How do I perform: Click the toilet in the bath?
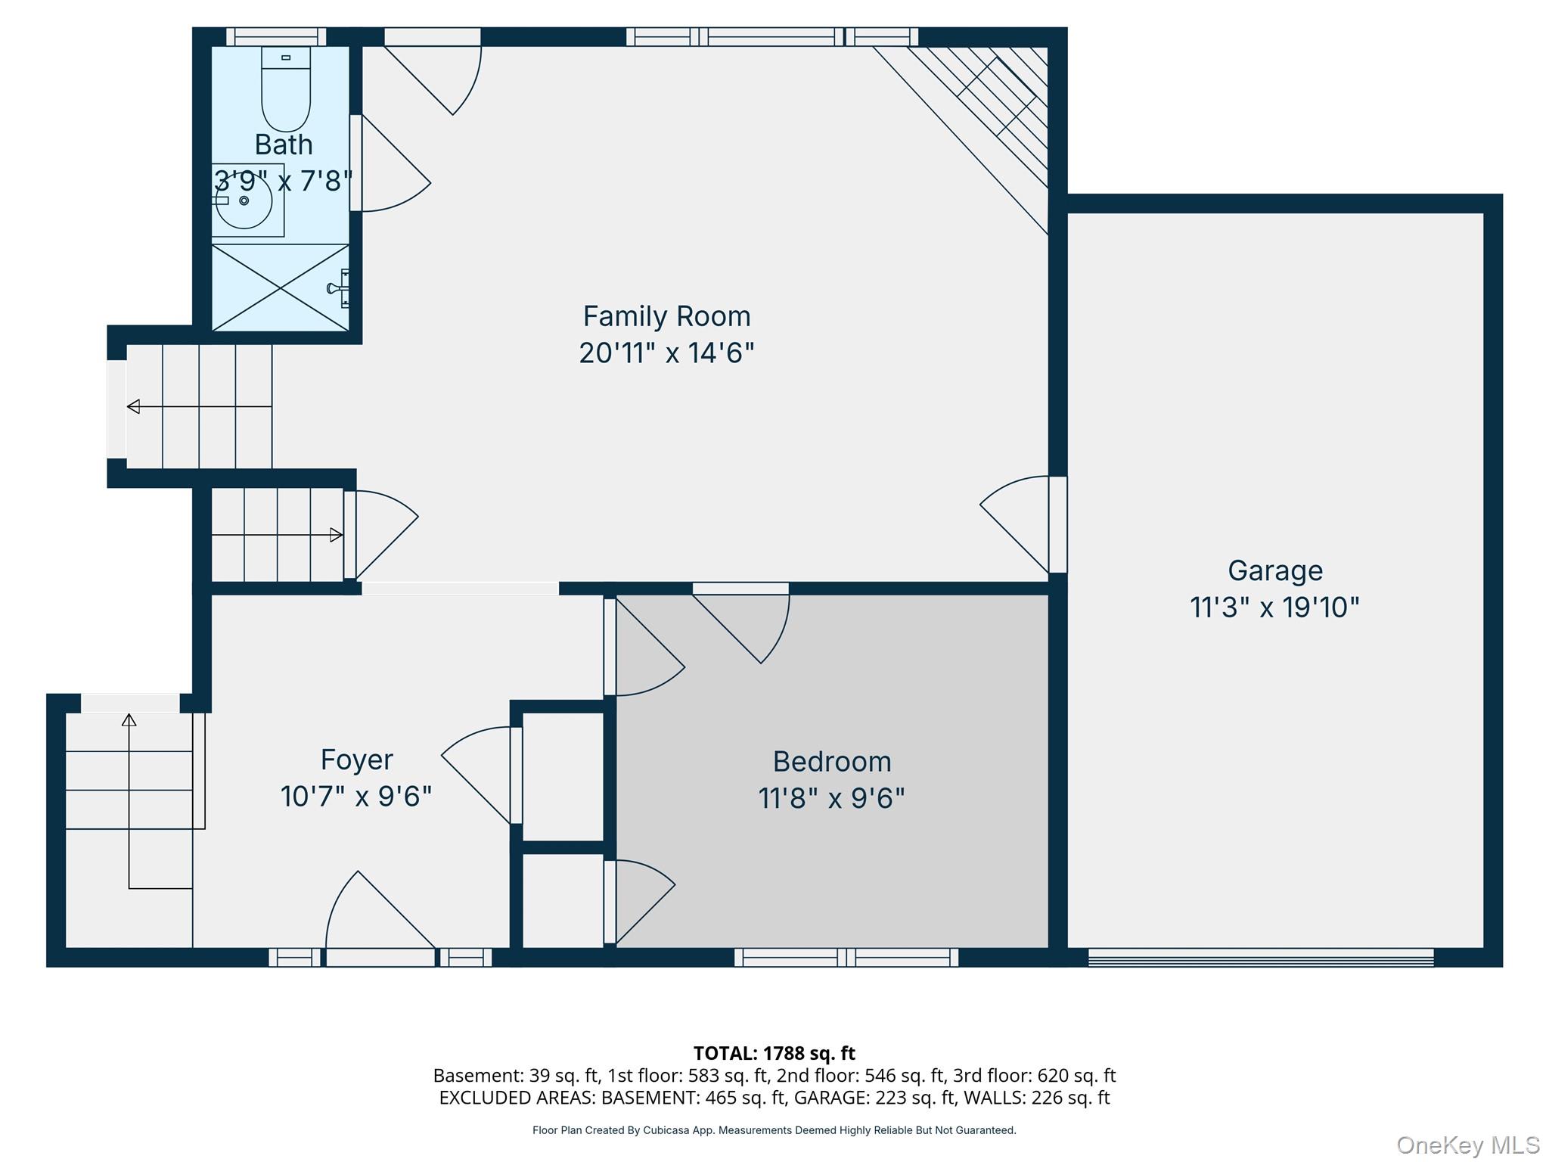(286, 89)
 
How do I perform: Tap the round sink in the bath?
(244, 201)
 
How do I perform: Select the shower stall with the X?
(281, 287)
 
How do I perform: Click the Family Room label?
(666, 316)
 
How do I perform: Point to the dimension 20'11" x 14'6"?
(666, 353)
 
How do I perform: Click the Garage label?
(1275, 571)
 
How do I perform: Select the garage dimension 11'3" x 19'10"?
(1275, 607)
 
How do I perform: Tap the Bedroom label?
(832, 762)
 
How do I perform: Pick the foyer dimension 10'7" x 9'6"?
(356, 797)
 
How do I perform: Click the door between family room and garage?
(1018, 524)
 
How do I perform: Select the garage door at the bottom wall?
(1261, 958)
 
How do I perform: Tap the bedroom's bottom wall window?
(846, 958)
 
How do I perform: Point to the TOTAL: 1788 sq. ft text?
(774, 1053)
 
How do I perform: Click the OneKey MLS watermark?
(1468, 1145)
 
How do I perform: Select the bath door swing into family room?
(390, 163)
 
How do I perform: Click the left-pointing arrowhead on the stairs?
(133, 407)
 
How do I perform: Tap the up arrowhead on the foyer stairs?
(129, 720)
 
